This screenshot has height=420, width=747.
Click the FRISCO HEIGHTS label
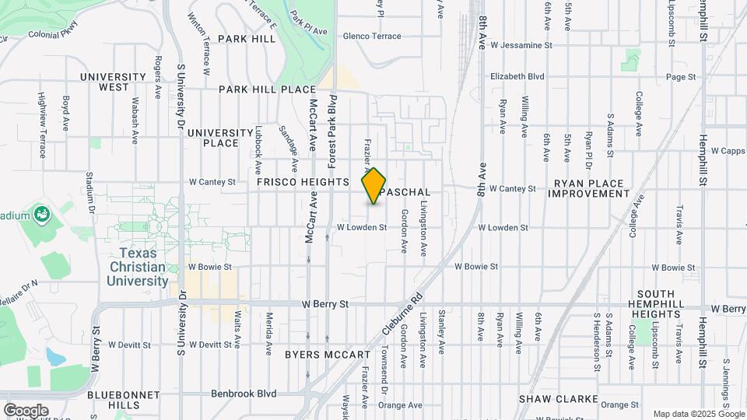[303, 182]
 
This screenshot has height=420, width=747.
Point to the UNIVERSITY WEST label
[114, 82]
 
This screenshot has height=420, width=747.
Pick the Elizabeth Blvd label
[517, 77]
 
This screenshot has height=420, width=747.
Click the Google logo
[26, 410]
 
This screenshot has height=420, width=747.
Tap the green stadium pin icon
[42, 215]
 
